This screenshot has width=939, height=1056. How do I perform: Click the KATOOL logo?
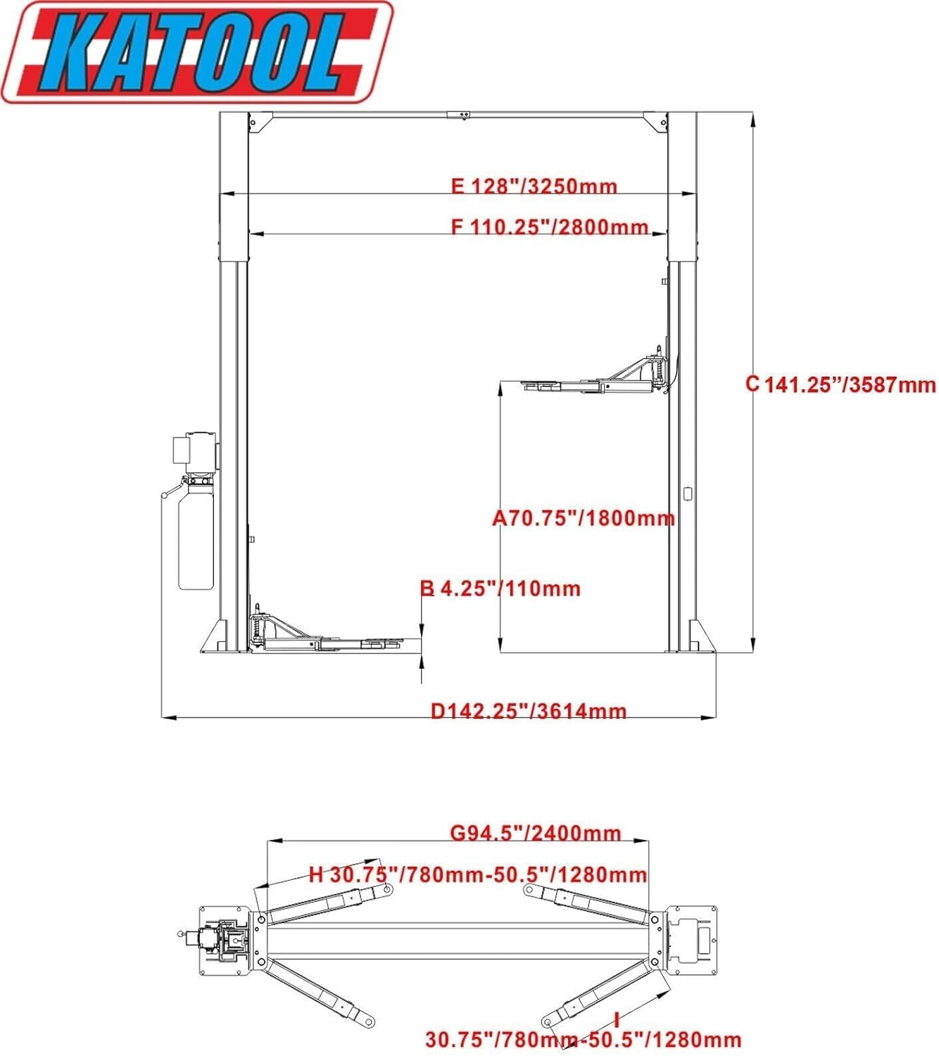[197, 52]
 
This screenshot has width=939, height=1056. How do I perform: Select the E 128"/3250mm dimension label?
[534, 187]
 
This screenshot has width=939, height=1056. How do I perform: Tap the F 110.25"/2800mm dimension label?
[549, 227]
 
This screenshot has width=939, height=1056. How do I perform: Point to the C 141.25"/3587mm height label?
[841, 384]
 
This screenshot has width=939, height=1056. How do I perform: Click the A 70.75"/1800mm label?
[583, 518]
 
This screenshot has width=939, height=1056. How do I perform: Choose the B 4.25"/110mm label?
[500, 589]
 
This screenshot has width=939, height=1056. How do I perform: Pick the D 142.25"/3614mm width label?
[528, 711]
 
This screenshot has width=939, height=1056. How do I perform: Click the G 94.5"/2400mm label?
[535, 834]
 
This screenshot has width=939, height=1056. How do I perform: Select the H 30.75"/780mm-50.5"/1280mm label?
[477, 875]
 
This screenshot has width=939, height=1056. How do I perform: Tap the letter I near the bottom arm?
[617, 1019]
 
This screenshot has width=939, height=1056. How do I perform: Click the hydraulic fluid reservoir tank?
[195, 539]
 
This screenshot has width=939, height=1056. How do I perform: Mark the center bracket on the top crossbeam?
[458, 115]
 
